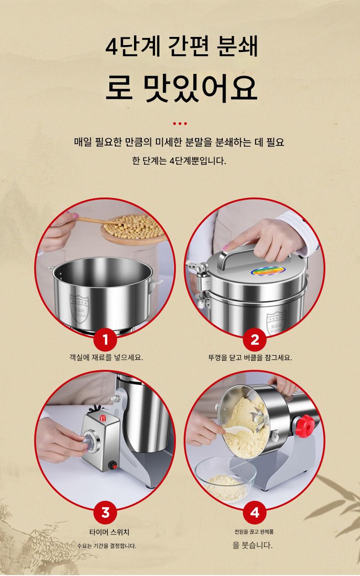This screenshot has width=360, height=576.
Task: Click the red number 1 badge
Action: point(105,340)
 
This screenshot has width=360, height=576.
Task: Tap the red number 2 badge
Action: point(254,340)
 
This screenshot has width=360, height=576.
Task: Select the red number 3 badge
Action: point(105,513)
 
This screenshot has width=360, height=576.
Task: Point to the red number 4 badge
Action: point(254,513)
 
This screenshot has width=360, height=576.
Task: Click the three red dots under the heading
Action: point(180,124)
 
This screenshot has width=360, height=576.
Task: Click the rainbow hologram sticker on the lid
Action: point(268,271)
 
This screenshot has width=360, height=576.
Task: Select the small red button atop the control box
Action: point(103,418)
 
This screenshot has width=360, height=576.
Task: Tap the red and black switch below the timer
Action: point(113,465)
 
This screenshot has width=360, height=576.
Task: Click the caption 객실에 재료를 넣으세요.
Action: point(106,357)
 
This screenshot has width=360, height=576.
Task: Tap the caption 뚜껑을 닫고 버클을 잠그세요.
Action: point(250,357)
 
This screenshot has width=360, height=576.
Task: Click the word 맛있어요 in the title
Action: point(200,88)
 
